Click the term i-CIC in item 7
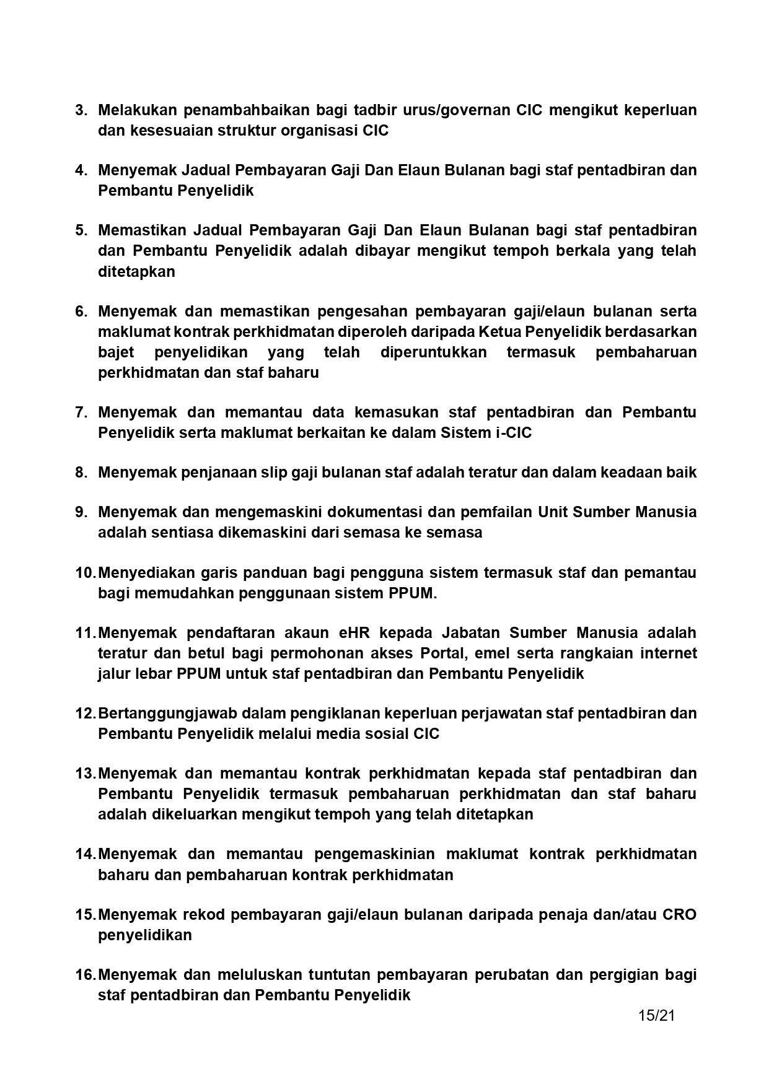pos(514,432)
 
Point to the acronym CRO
pos(679,914)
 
